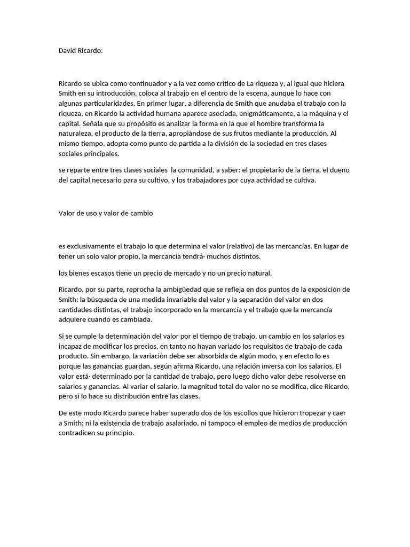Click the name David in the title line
pos(67,51)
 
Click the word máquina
pos(319,114)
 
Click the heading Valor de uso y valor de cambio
pos(106,213)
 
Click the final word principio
pos(118,434)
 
